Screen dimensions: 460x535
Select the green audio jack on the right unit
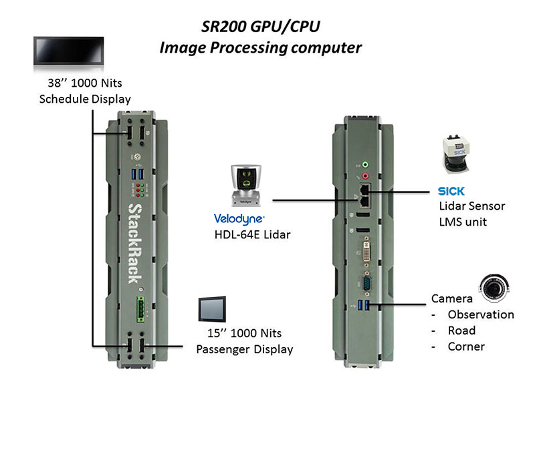pyautogui.click(x=364, y=162)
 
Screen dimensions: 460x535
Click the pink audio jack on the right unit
pyautogui.click(x=364, y=175)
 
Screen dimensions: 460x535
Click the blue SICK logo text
pyautogui.click(x=451, y=192)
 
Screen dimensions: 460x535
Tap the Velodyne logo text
pyautogui.click(x=239, y=218)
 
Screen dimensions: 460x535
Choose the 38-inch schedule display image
pyautogui.click(x=68, y=52)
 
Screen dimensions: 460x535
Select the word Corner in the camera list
pyautogui.click(x=466, y=347)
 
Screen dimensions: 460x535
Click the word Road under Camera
pyautogui.click(x=461, y=330)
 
